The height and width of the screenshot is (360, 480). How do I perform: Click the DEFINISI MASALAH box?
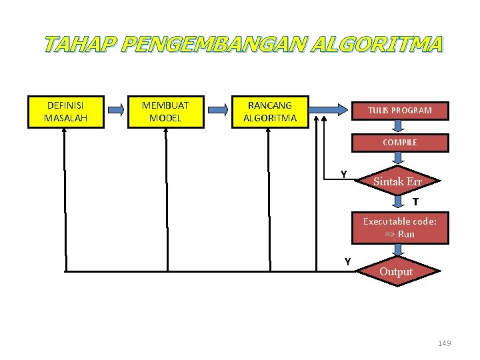click(65, 111)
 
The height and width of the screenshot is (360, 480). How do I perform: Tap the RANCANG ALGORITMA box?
click(270, 111)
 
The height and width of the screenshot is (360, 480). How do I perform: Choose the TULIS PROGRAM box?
click(399, 110)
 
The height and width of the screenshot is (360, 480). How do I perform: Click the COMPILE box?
click(399, 142)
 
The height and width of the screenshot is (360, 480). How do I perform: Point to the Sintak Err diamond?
click(398, 181)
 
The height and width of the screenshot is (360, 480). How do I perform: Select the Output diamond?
click(397, 271)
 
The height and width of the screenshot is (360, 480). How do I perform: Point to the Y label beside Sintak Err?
click(343, 175)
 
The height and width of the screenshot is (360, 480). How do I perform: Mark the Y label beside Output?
click(347, 262)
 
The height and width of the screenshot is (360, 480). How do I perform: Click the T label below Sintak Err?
click(415, 202)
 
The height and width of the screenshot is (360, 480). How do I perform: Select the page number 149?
click(445, 343)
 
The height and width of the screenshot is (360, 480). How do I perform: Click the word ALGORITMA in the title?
click(375, 45)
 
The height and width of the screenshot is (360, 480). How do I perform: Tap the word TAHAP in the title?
click(80, 45)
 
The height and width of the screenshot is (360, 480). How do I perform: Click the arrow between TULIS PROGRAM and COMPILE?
click(399, 127)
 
